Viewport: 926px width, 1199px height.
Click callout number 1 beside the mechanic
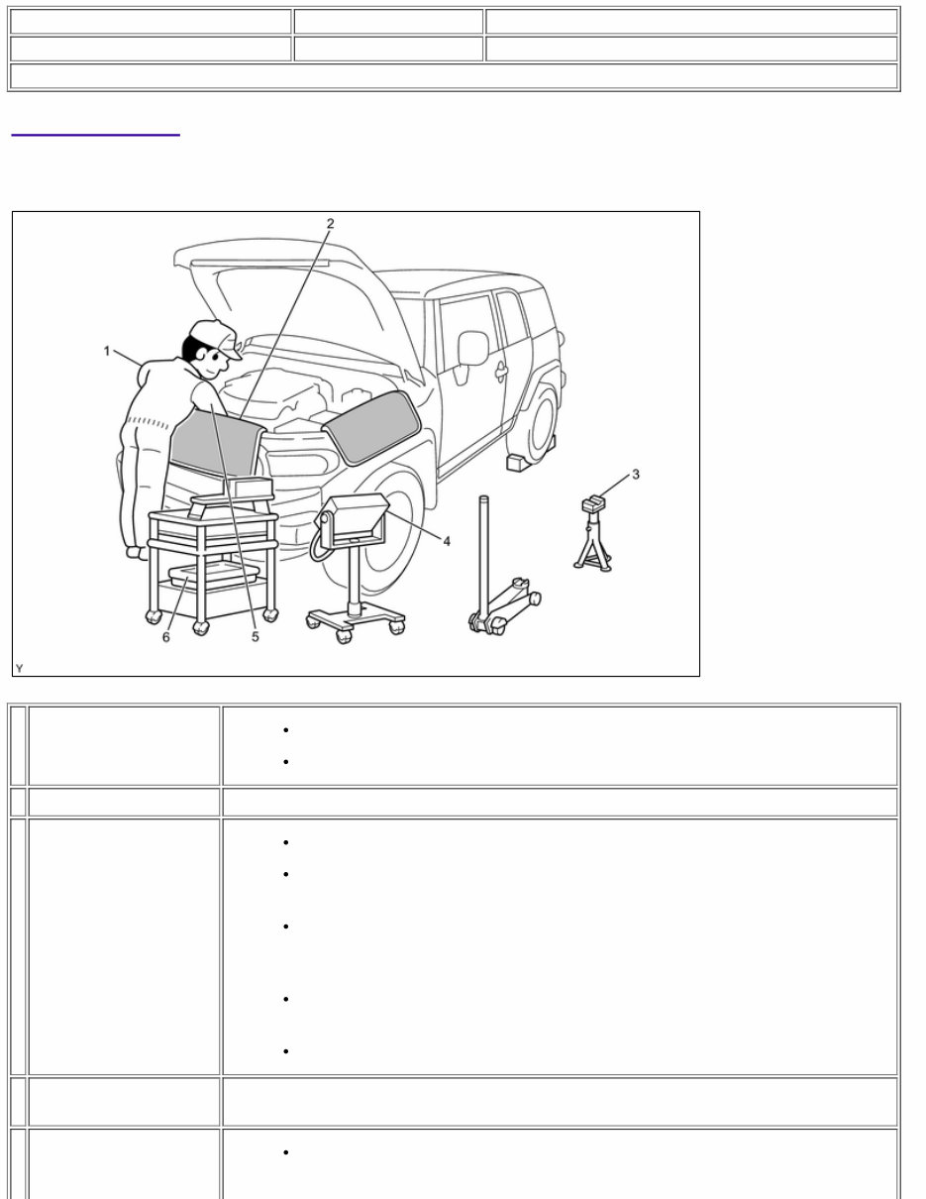107,351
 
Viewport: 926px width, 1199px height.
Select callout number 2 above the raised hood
331,224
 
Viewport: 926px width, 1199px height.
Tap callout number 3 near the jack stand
636,475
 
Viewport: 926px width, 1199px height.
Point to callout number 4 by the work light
447,541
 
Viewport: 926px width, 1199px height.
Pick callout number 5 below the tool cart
255,637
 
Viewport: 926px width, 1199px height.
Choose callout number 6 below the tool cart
165,637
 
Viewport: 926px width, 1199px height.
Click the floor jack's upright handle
485,555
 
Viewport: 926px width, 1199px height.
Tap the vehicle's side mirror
472,348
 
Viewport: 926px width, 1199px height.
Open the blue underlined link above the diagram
95,130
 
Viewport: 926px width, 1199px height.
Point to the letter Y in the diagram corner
20,669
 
